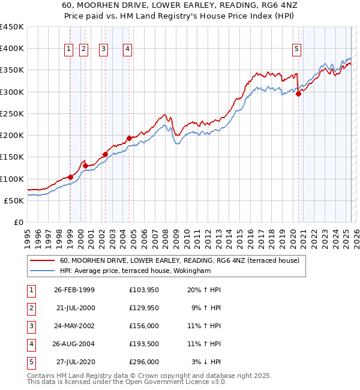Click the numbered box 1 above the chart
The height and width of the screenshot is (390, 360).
pos(70,50)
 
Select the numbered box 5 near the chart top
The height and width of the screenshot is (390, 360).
pos(297,50)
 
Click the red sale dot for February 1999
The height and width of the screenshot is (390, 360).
pos(70,177)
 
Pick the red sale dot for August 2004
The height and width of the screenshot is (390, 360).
pos(129,138)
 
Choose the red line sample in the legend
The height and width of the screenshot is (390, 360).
pos(42,261)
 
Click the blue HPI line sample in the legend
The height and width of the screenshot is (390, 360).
pos(42,271)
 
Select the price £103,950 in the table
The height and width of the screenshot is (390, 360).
pos(144,290)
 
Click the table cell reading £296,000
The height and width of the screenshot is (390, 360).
pos(144,362)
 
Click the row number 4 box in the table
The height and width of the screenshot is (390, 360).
pos(31,344)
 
